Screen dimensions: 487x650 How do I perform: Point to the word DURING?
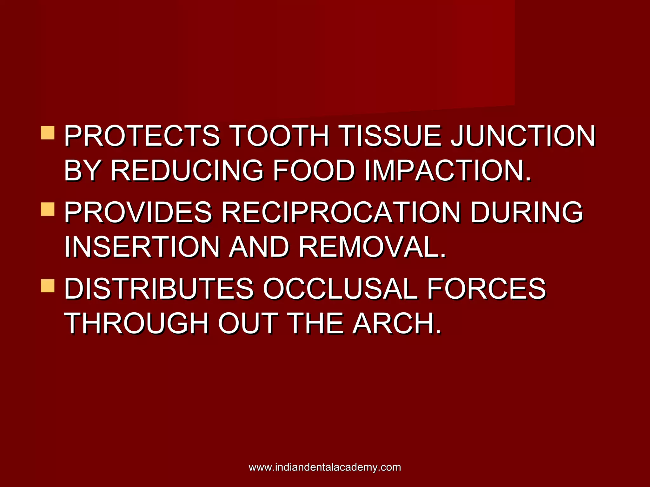[x=527, y=212]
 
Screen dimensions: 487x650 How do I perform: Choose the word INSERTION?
[x=142, y=247]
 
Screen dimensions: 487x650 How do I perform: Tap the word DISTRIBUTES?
[x=159, y=288]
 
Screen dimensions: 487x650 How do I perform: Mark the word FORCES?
[x=487, y=288]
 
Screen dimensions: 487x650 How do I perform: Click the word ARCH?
[x=397, y=323]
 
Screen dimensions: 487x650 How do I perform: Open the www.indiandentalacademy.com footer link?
[x=325, y=467]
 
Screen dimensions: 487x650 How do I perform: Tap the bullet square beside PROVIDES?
[x=48, y=209]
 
